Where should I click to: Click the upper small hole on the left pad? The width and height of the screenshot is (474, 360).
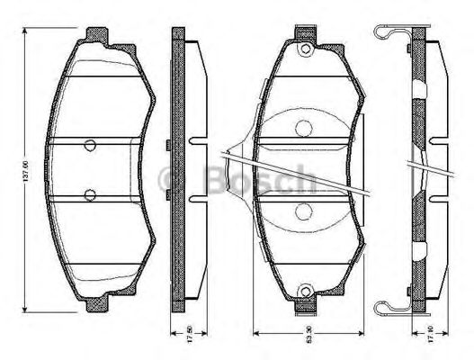point(90,146)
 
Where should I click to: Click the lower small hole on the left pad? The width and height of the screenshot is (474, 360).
point(90,194)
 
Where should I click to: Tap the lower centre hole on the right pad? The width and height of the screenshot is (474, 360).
point(303,211)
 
